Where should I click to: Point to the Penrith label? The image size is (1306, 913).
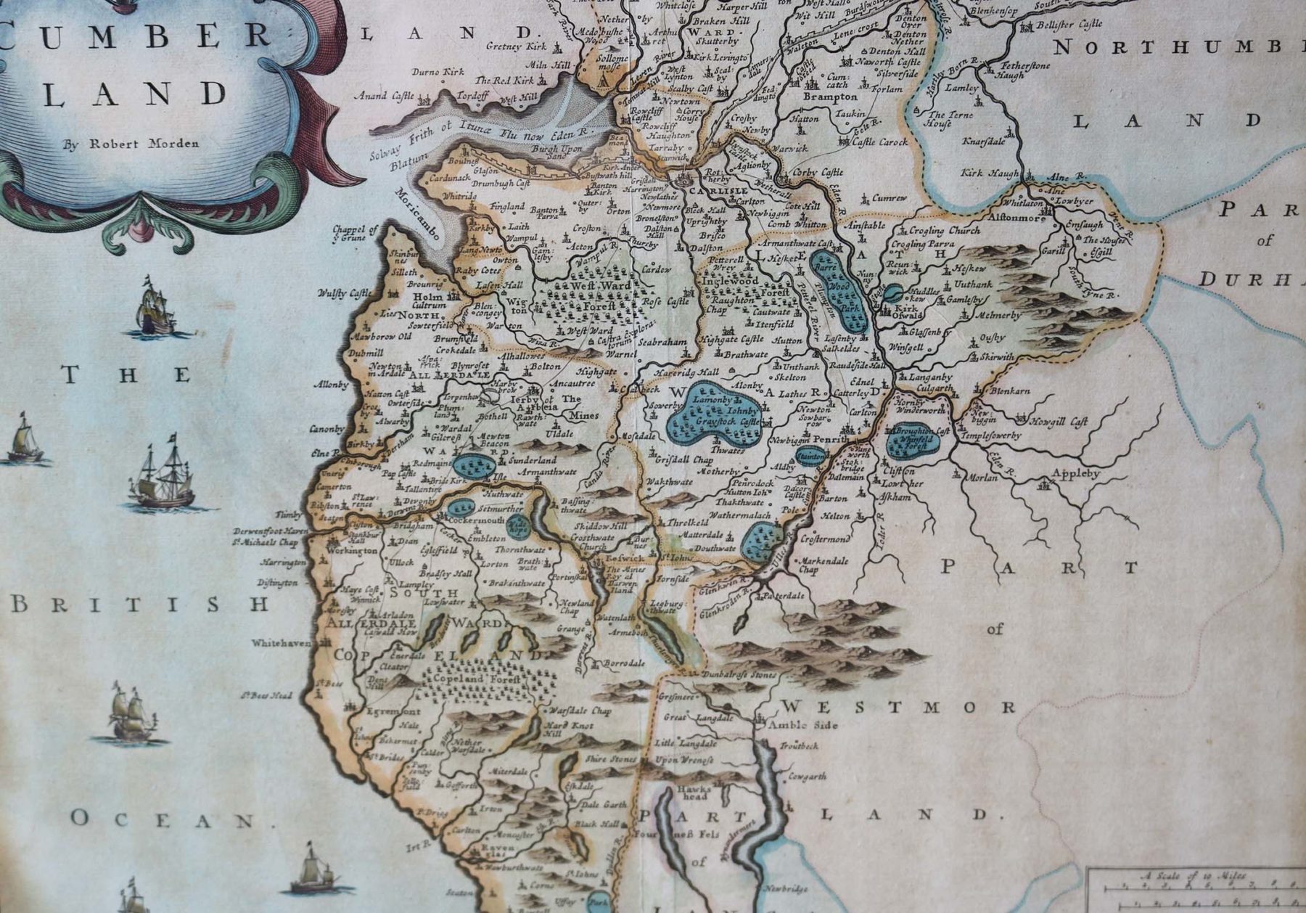click(x=830, y=440)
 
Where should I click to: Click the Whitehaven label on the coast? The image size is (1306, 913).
click(x=281, y=643)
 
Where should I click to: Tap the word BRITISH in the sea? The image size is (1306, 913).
click(x=139, y=604)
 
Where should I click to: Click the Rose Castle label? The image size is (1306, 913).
click(x=667, y=301)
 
